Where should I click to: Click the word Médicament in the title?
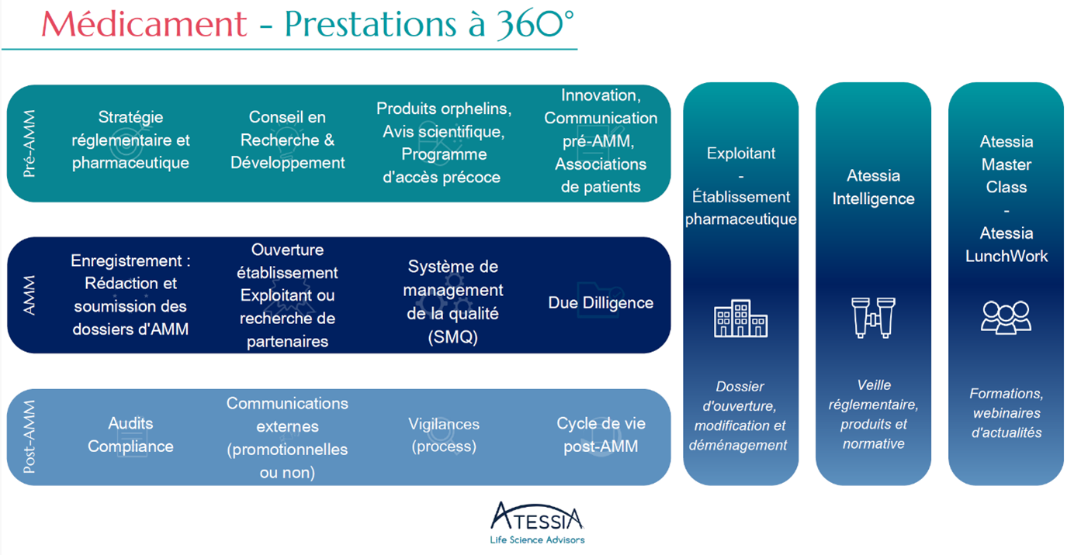click(144, 23)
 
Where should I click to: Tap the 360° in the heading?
click(535, 24)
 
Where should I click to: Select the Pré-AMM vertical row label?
click(29, 143)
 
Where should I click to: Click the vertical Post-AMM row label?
click(29, 436)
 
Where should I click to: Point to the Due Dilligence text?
click(601, 302)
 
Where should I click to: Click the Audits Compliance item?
click(130, 435)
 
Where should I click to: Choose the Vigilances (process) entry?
click(444, 435)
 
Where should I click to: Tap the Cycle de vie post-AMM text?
click(601, 435)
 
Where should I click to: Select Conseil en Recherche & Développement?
click(287, 140)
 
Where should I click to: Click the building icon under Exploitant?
click(741, 319)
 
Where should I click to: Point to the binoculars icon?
click(873, 318)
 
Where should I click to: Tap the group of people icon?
click(1006, 317)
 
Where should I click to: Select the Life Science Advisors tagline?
click(537, 540)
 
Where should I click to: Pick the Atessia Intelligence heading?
click(873, 188)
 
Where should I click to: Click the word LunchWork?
click(1006, 257)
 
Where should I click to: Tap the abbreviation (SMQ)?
click(452, 337)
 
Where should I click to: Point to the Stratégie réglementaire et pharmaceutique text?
click(130, 140)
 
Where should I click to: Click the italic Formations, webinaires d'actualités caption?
click(1006, 413)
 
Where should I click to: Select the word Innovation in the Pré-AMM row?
click(601, 95)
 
